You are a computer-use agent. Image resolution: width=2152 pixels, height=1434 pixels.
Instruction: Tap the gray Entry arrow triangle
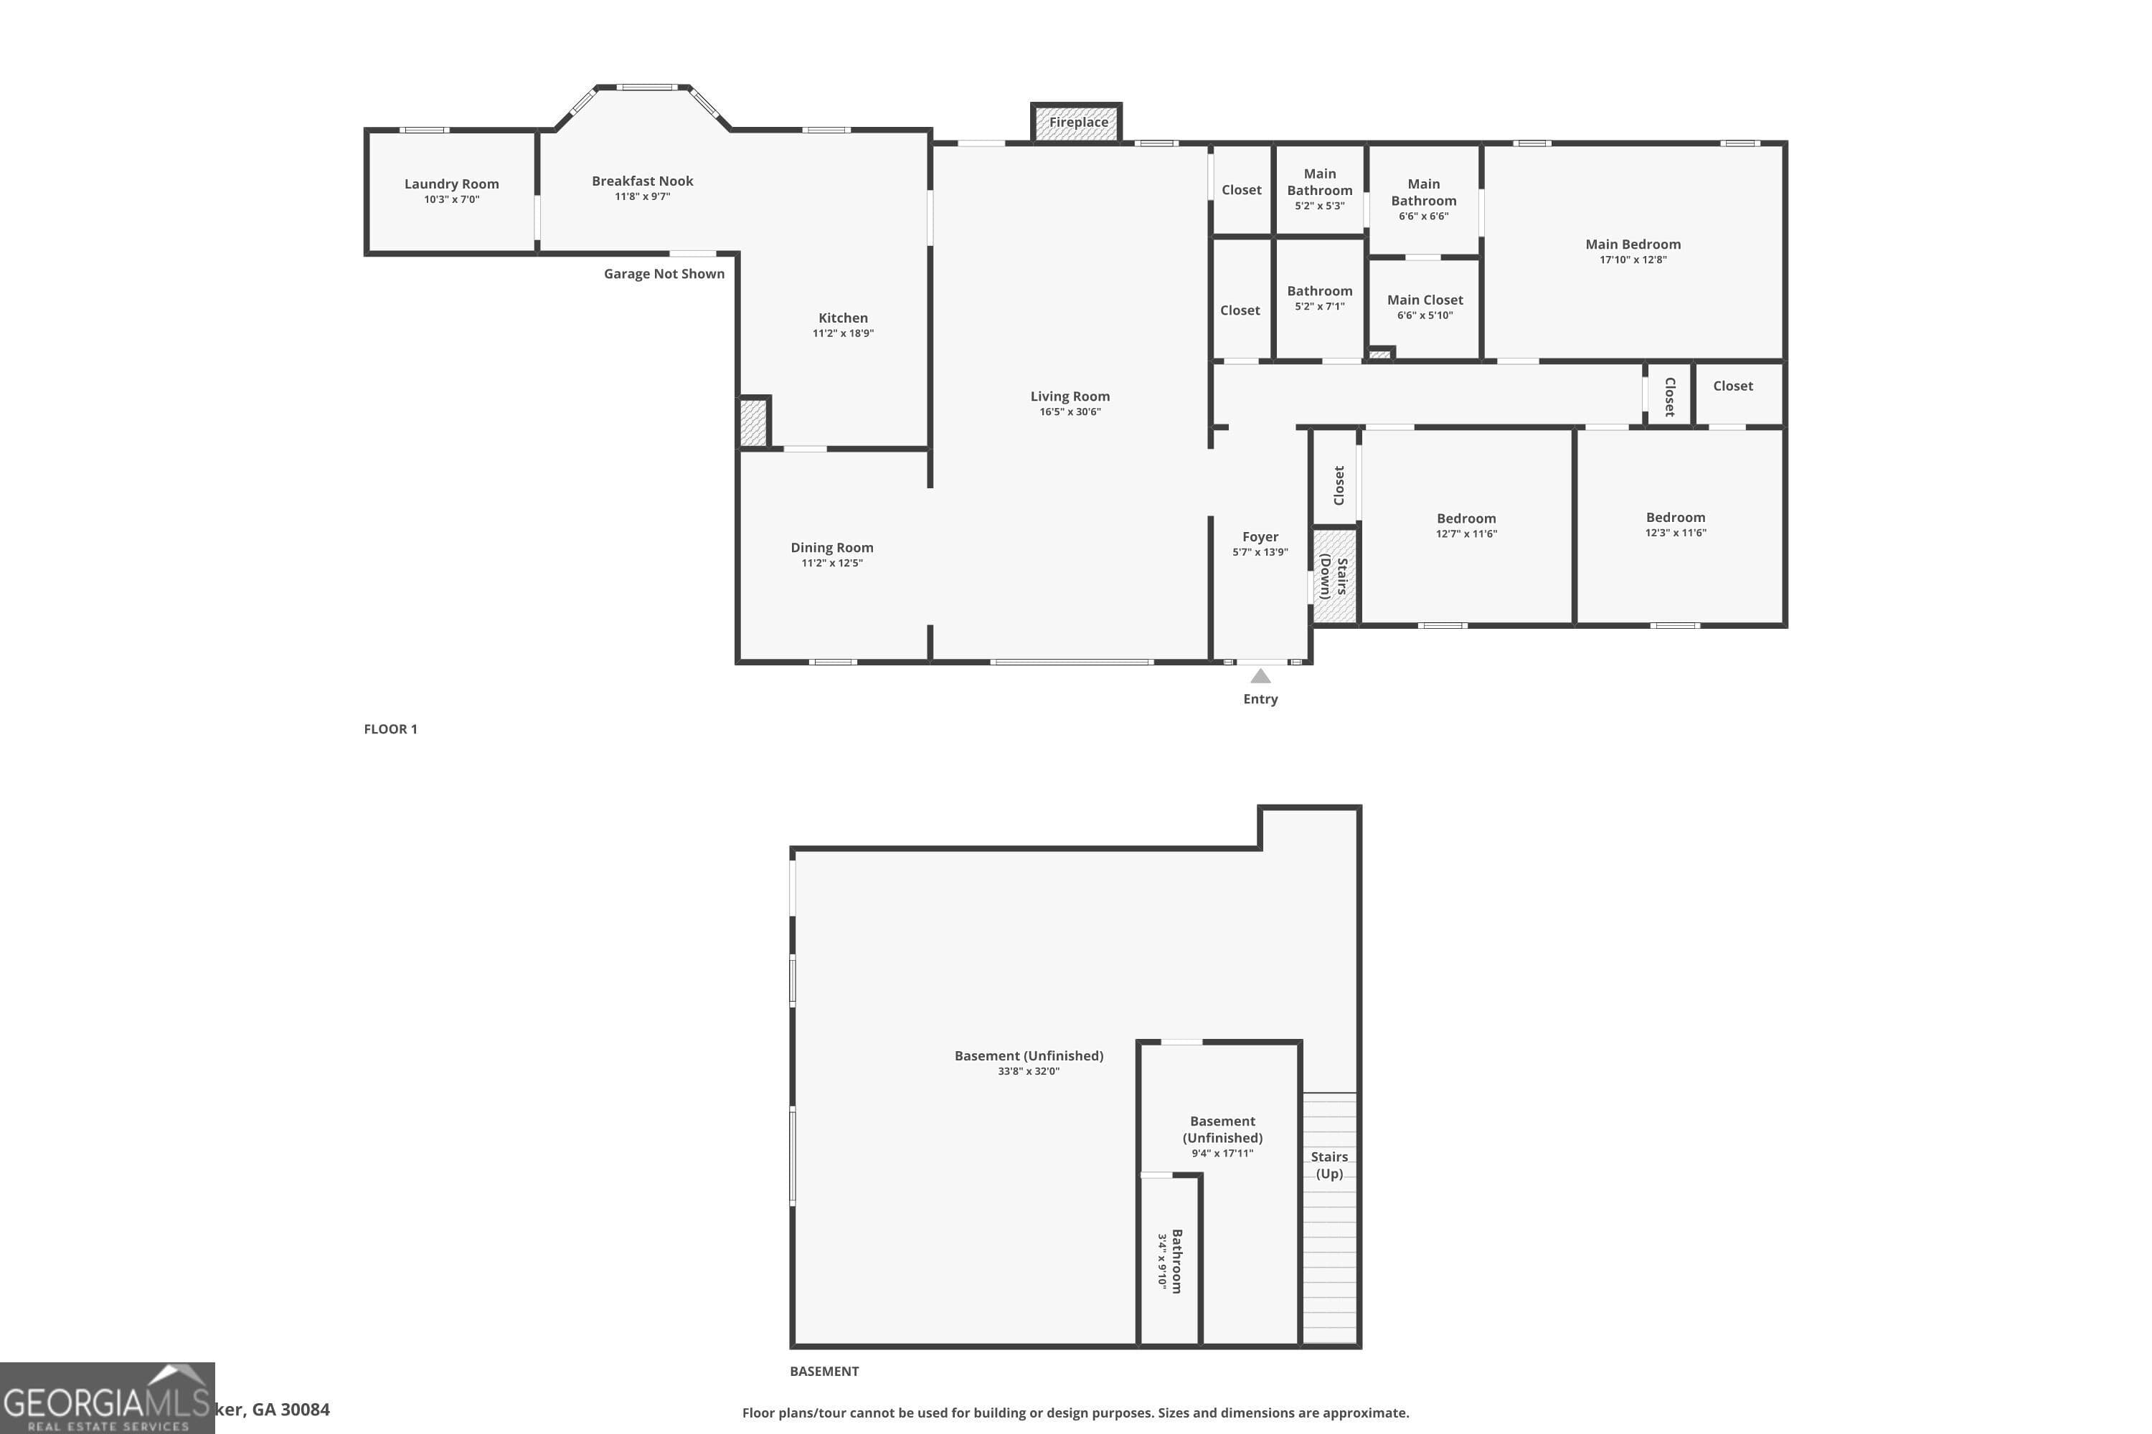click(x=1260, y=676)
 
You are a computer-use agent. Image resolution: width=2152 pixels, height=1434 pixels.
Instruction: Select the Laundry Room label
click(x=451, y=184)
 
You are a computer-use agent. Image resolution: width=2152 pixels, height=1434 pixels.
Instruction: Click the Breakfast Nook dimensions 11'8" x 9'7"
click(x=642, y=196)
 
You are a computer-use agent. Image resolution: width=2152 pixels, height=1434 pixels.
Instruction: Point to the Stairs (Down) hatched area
click(x=1334, y=577)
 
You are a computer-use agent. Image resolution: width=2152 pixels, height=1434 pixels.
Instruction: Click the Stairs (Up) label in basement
click(x=1329, y=1165)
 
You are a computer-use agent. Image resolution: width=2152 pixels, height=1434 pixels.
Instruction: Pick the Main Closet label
click(x=1425, y=300)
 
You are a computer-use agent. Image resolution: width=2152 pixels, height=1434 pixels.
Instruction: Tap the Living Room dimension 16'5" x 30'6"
click(x=1070, y=412)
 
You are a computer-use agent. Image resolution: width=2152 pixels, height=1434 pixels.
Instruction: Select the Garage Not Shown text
click(x=664, y=273)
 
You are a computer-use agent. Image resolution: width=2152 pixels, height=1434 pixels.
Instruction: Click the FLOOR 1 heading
click(x=391, y=729)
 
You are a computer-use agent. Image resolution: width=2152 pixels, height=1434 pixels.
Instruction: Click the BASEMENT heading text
click(x=823, y=1371)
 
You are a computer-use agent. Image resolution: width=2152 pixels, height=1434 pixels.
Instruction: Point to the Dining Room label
click(x=831, y=548)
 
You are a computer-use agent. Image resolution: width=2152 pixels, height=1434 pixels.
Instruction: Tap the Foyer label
click(x=1260, y=537)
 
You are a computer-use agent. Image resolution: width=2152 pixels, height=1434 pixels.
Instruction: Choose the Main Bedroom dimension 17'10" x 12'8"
click(x=1633, y=260)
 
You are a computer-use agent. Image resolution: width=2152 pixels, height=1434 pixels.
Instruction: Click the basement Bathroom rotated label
click(x=1176, y=1260)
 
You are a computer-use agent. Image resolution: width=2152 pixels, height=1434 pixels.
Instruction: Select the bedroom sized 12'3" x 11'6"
click(x=1675, y=524)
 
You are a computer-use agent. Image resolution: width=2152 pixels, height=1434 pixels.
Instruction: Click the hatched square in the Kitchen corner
click(x=753, y=422)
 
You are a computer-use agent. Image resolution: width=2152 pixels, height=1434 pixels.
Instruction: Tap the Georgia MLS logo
click(x=107, y=1398)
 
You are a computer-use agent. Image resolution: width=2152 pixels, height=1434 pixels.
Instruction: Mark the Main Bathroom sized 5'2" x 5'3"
click(x=1319, y=189)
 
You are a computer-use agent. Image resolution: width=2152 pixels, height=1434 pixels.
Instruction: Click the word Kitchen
click(x=843, y=318)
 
